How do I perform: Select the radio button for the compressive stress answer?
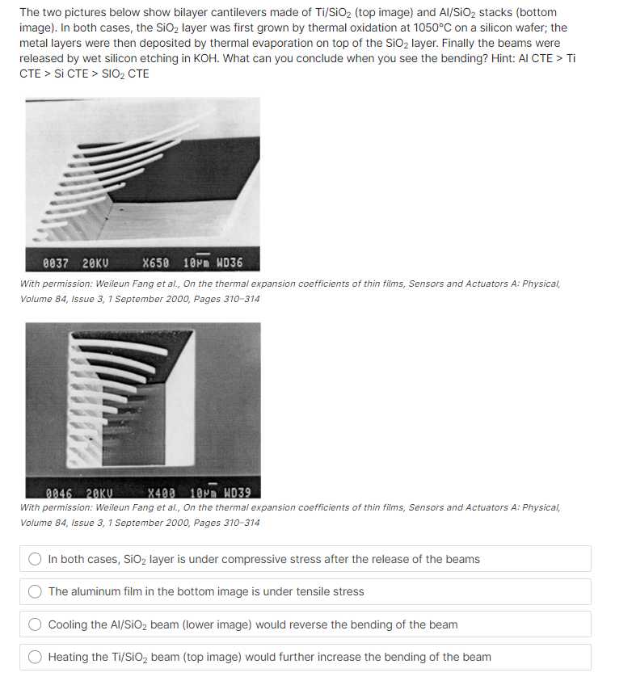tap(36, 559)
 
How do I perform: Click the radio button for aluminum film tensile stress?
tap(36, 591)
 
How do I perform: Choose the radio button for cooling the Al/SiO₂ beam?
tap(36, 624)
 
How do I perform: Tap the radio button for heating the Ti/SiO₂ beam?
tap(36, 657)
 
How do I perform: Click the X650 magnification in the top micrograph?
tap(156, 263)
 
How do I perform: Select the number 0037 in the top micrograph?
tap(56, 263)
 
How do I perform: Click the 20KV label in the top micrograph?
tap(95, 263)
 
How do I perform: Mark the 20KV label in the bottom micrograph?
tap(103, 493)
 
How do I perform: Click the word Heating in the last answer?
tap(70, 657)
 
